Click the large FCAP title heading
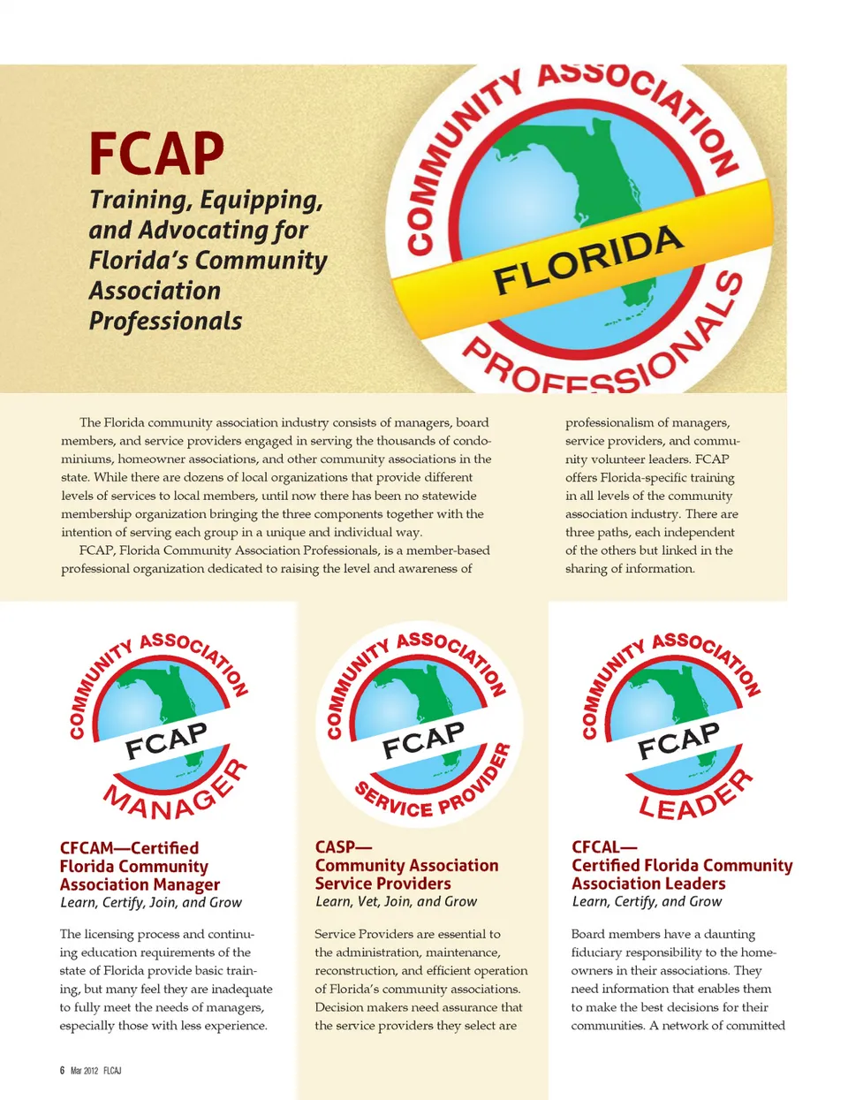156,154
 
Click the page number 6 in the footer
62,1070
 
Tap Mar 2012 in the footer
84,1070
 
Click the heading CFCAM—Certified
129,847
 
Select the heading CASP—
343,846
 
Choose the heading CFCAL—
604,846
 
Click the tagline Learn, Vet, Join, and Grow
396,901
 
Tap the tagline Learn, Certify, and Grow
647,901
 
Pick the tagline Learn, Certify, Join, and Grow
150,902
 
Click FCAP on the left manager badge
166,740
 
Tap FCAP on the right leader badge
678,740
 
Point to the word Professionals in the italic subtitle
165,321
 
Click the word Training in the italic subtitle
140,200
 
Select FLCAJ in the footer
112,1070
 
